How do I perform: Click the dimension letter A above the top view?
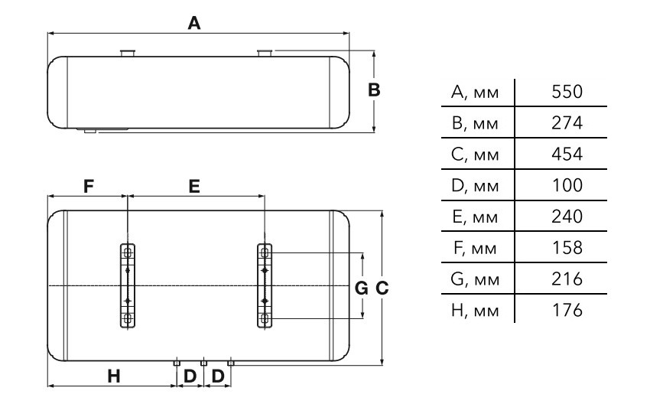pyautogui.click(x=194, y=23)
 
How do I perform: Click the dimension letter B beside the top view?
pyautogui.click(x=374, y=90)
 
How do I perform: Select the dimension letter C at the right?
pyautogui.click(x=382, y=288)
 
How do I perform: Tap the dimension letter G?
pyautogui.click(x=362, y=288)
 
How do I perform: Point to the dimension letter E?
pyautogui.click(x=194, y=187)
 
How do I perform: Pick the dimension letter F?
pyautogui.click(x=88, y=187)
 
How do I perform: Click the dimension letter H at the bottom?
pyautogui.click(x=114, y=376)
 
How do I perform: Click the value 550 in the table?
pyautogui.click(x=567, y=92)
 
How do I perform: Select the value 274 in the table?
pyautogui.click(x=567, y=122)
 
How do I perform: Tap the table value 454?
pyautogui.click(x=567, y=154)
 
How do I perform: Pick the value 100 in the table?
pyautogui.click(x=567, y=185)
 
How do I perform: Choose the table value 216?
pyautogui.click(x=567, y=279)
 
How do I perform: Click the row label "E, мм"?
pyautogui.click(x=475, y=217)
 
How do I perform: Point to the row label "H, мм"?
pyautogui.click(x=475, y=311)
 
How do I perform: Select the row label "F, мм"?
pyautogui.click(x=475, y=248)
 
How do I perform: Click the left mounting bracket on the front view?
pyautogui.click(x=128, y=286)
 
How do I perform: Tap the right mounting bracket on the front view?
pyautogui.click(x=265, y=286)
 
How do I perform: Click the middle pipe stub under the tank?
pyautogui.click(x=203, y=363)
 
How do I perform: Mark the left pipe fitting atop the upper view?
pyautogui.click(x=128, y=53)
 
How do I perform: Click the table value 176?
pyautogui.click(x=567, y=310)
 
